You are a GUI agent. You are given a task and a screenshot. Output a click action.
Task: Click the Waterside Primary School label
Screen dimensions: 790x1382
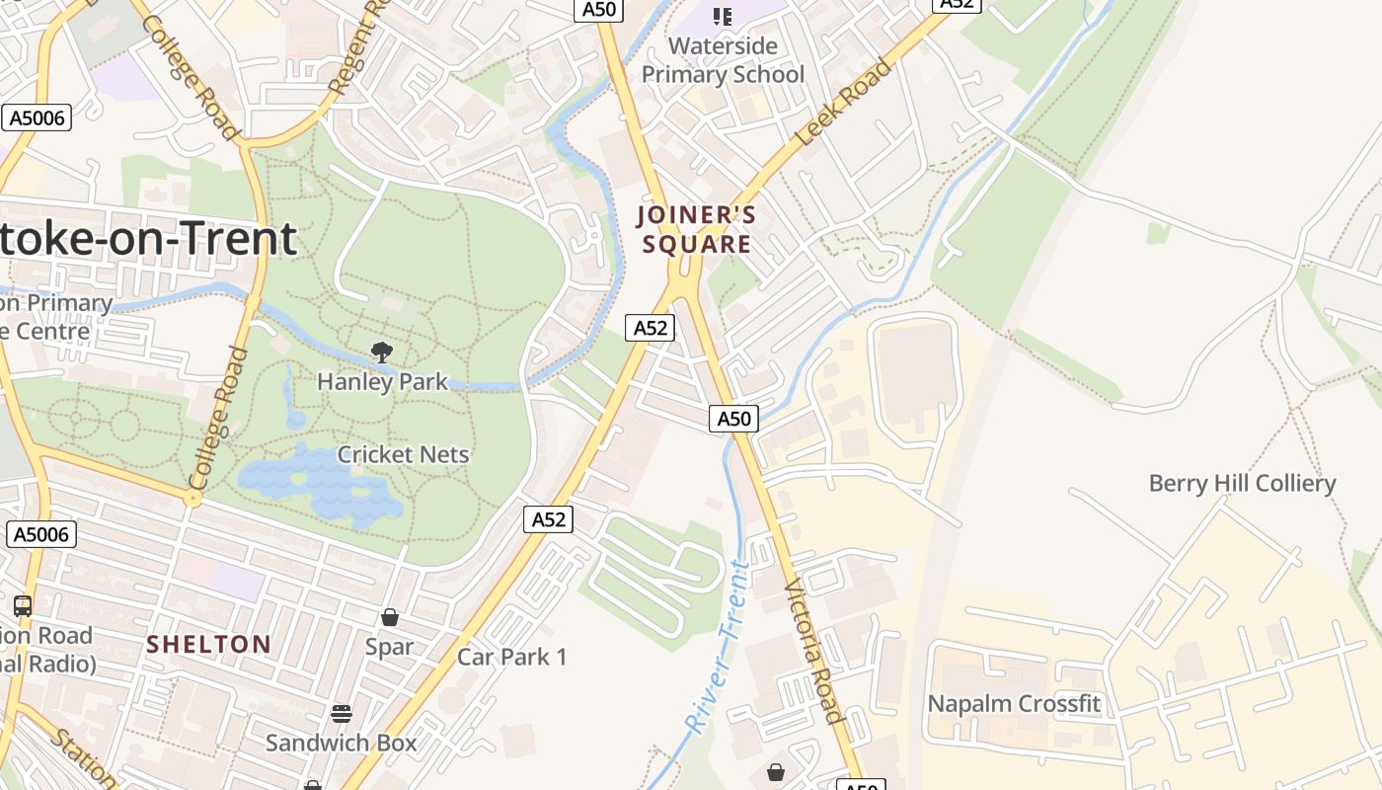pos(723,60)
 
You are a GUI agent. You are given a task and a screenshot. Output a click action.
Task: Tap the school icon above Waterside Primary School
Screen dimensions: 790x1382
pos(723,16)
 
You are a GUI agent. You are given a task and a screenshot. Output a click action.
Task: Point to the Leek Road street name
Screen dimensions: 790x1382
pos(844,103)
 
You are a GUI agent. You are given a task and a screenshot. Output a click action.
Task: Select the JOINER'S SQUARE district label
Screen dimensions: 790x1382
pos(697,229)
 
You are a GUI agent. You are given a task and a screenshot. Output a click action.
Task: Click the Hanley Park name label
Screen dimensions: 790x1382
pos(382,381)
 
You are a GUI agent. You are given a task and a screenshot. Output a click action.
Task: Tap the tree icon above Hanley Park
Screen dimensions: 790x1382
pos(382,352)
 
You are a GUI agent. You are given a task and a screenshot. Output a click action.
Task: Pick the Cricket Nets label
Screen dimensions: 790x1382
pos(403,454)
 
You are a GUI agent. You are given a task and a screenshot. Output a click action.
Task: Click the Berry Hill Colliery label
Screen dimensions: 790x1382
pos(1242,484)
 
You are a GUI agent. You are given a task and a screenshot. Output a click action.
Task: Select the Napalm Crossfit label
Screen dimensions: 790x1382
pos(1014,704)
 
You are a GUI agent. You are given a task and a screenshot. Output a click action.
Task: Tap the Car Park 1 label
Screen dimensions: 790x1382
pos(512,657)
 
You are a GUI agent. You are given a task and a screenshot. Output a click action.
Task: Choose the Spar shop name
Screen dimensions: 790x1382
pos(390,647)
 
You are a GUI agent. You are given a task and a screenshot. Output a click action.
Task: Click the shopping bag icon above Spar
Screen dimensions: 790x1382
pos(390,617)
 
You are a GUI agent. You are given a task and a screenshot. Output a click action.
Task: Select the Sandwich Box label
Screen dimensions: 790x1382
pos(342,743)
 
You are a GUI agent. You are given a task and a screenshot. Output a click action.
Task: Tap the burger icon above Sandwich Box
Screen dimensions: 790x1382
pos(342,713)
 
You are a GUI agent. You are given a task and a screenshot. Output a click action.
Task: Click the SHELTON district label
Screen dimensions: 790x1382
pos(209,645)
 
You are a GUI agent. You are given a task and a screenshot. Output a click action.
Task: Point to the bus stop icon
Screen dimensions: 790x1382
pos(23,605)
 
